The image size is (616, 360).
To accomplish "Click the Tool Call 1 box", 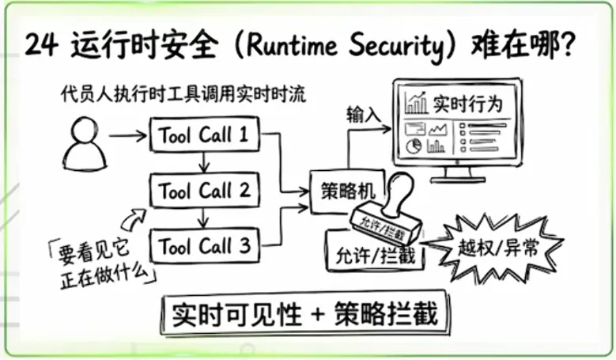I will tap(205, 135).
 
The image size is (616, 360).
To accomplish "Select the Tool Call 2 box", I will tap(204, 191).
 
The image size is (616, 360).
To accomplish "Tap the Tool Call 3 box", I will tap(204, 245).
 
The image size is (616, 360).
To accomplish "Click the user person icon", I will tap(85, 143).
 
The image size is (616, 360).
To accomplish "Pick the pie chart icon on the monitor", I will tap(413, 146).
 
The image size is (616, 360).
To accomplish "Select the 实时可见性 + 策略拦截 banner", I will tap(309, 313).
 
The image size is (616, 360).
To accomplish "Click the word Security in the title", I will tap(399, 45).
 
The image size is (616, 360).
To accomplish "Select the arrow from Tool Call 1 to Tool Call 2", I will tap(205, 162).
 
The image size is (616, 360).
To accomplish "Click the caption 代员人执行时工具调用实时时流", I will tap(183, 95).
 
